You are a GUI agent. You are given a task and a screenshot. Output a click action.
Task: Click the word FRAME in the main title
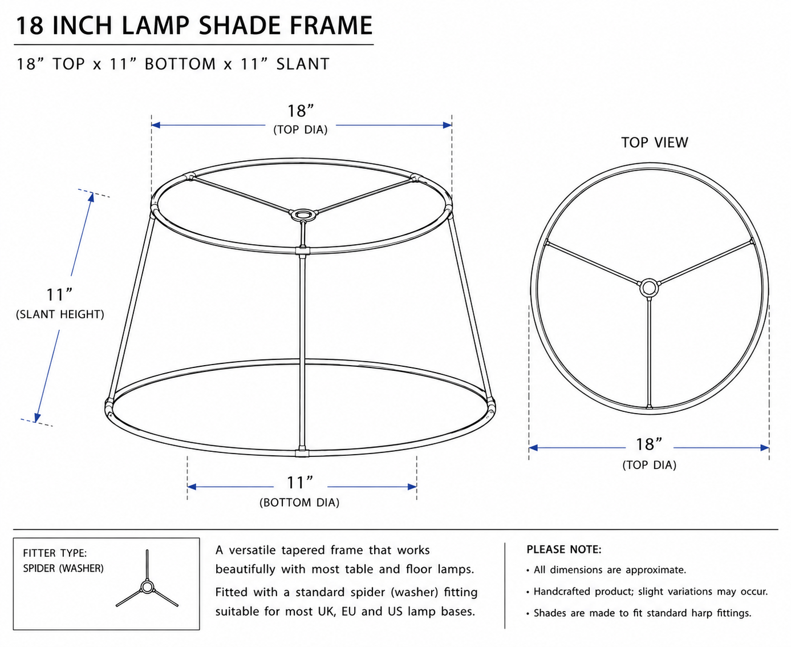(331, 26)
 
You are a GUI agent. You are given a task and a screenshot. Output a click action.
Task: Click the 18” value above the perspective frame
(301, 111)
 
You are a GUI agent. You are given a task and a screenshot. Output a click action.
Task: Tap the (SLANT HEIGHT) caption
(60, 314)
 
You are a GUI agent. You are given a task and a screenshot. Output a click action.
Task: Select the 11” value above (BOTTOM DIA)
(299, 483)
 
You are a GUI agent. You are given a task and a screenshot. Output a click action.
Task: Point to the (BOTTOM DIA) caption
(299, 503)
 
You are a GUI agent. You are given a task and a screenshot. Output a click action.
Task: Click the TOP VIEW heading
(655, 143)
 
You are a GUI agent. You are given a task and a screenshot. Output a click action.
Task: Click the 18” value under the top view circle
(649, 444)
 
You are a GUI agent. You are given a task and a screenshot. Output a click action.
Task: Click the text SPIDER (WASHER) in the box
(63, 569)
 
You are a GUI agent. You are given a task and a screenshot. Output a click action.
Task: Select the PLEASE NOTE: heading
(563, 549)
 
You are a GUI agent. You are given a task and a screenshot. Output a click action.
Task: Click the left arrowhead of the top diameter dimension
(156, 125)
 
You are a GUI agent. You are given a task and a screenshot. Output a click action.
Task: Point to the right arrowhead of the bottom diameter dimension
(412, 487)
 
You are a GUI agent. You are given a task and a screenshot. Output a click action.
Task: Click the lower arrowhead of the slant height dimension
(37, 417)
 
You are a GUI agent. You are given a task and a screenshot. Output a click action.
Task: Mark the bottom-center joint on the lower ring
(302, 452)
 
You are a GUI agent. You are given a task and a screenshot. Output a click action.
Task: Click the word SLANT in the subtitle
(303, 64)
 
